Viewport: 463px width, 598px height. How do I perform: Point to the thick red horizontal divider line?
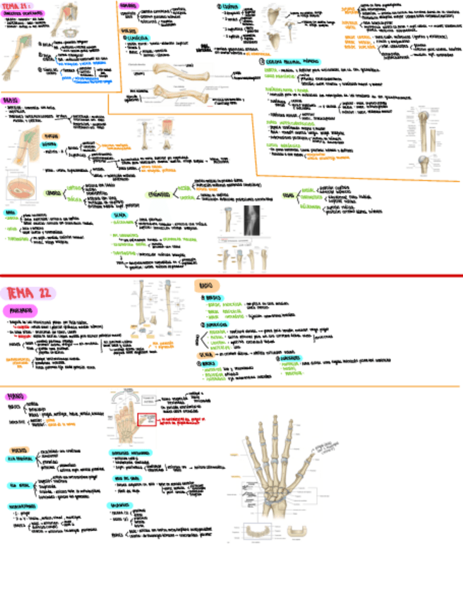[x=231, y=275]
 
